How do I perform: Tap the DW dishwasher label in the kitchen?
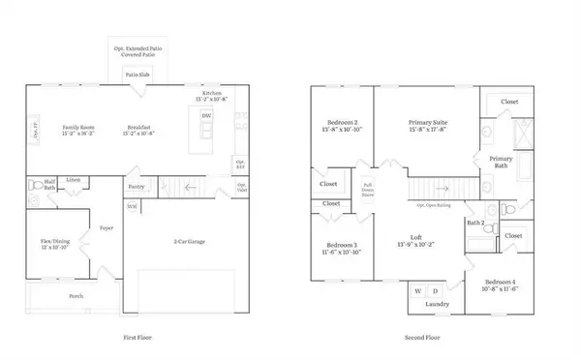coord(206,117)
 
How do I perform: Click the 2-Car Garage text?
coord(196,241)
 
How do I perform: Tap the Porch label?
coord(76,296)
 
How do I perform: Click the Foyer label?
coord(107,228)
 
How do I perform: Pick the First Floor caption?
coord(141,337)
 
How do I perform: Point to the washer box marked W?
coord(419,289)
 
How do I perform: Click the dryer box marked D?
coord(435,289)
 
